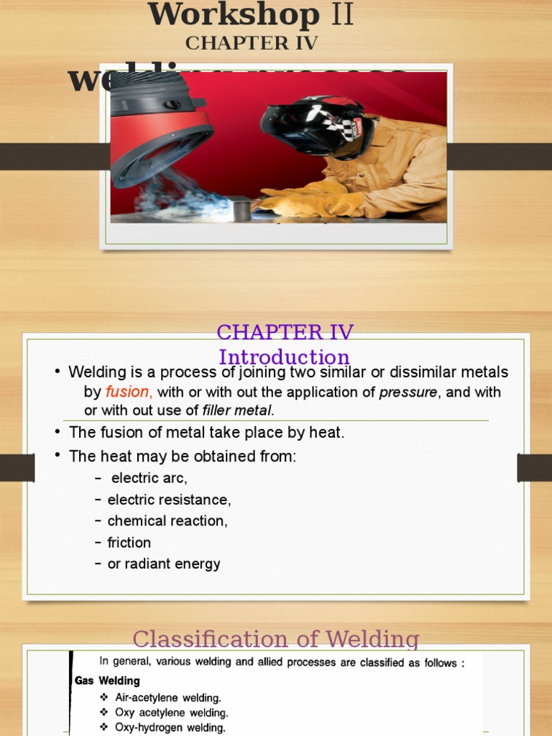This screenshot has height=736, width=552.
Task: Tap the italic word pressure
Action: click(x=408, y=392)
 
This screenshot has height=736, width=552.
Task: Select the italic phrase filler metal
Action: click(x=237, y=411)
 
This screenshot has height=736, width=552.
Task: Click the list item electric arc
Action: click(x=149, y=479)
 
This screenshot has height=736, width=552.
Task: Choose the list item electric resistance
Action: click(x=169, y=500)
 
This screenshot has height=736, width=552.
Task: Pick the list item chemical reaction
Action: click(x=167, y=521)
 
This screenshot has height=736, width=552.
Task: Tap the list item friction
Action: click(x=129, y=543)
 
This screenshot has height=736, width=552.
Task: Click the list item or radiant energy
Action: click(x=164, y=564)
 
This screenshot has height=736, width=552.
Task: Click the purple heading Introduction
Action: click(x=284, y=356)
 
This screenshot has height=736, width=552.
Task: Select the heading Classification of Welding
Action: click(x=276, y=639)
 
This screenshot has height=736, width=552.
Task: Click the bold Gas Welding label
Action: click(x=108, y=681)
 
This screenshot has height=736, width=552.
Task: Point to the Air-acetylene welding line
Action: click(x=167, y=698)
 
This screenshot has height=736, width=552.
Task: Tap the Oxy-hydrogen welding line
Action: click(x=170, y=728)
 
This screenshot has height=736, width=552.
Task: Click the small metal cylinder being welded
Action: click(x=241, y=209)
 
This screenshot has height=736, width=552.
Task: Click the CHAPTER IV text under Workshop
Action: click(x=252, y=43)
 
